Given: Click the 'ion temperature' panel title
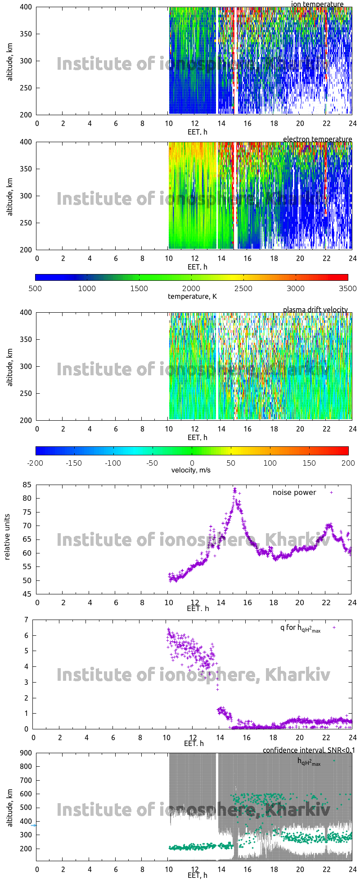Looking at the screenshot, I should tap(317, 4).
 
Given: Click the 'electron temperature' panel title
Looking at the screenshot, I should tap(317, 139).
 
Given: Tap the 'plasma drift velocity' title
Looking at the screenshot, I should tap(315, 310).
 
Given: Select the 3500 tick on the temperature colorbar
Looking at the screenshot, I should tap(348, 288).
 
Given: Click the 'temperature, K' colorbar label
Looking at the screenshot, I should tap(192, 296).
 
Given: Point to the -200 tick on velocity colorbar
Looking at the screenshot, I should tap(36, 463).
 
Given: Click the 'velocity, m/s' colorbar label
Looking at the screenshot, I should tap(191, 470).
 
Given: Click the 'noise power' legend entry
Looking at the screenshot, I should tap(294, 493).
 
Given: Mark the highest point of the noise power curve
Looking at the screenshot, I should tap(234, 489).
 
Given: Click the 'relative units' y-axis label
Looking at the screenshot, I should tap(7, 539).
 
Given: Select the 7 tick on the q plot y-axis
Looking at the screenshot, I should tap(26, 620).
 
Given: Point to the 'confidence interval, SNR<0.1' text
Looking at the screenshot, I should tap(309, 750).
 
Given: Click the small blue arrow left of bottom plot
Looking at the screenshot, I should tap(33, 825).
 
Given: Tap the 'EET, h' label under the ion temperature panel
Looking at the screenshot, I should tap(197, 132).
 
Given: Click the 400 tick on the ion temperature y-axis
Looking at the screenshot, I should tap(26, 7).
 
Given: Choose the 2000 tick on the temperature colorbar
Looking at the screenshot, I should tap(191, 288).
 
